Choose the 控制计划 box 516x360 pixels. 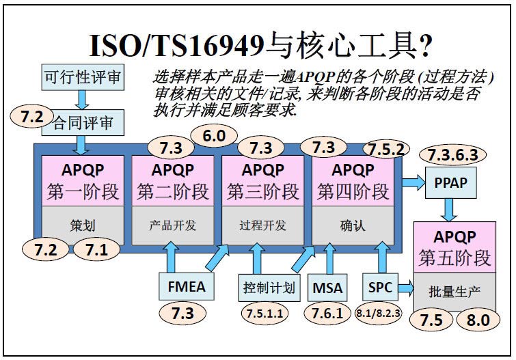coord(269,287)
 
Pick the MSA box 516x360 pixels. coord(328,287)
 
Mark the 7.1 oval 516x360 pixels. coord(97,251)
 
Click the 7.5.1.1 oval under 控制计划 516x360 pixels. coord(264,314)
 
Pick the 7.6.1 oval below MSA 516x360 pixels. coord(329,314)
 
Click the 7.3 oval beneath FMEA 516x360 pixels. coord(183,314)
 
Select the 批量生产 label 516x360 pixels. coord(454,290)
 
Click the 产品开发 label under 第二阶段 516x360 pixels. coord(173,225)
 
